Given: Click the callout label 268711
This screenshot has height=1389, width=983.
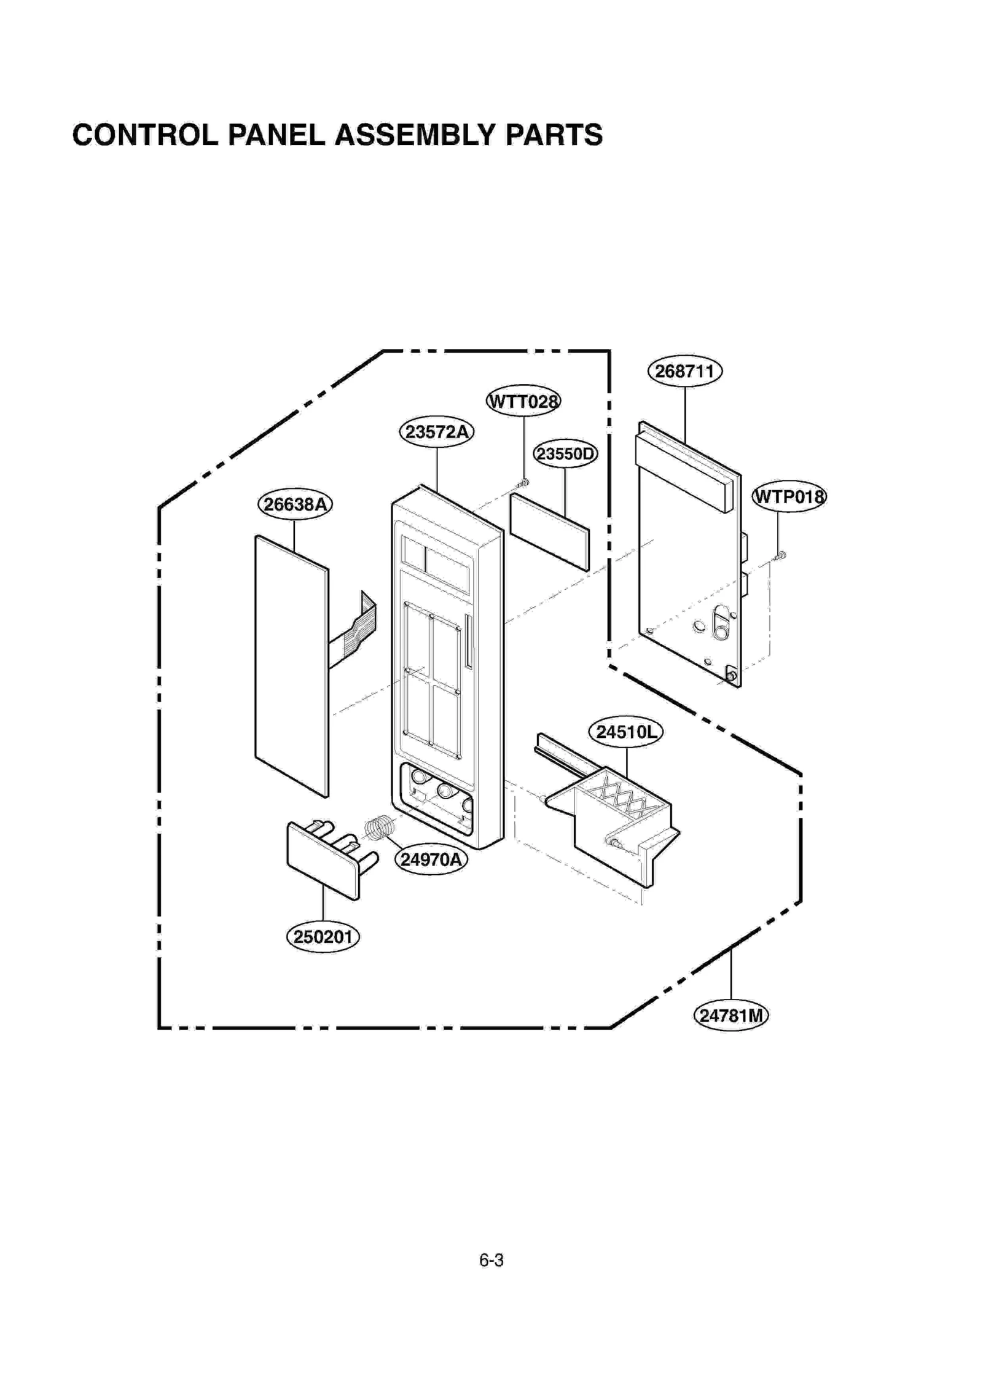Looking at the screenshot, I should tap(684, 372).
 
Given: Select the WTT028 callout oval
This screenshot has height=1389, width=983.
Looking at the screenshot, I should tap(523, 402).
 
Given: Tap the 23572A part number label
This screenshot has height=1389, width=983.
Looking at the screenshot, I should tap(437, 432).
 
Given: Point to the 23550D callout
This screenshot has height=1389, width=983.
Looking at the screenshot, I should tap(565, 454).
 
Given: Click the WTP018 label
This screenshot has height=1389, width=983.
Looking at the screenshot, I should tap(789, 496).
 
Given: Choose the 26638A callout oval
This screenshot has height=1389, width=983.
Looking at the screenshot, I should tap(295, 504).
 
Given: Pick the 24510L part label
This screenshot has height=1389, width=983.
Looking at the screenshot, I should tap(626, 732).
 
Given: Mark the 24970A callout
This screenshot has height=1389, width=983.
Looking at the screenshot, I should tap(431, 859).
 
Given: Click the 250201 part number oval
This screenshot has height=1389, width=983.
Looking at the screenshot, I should tap(323, 937).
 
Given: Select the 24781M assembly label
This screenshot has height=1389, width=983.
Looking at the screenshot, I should tap(731, 1016).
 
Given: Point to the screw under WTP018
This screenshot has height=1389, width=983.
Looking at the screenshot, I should tap(780, 556).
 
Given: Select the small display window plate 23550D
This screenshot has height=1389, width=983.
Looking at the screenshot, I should tap(549, 531).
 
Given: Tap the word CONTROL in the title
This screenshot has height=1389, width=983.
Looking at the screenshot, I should tap(145, 135).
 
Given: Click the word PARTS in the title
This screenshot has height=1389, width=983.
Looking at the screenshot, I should tap(554, 135).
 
